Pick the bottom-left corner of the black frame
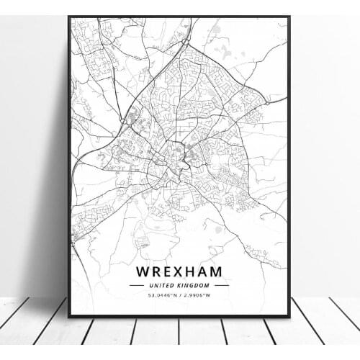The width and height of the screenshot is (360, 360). point(69,316)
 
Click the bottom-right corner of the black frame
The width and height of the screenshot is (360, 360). point(289,316)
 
